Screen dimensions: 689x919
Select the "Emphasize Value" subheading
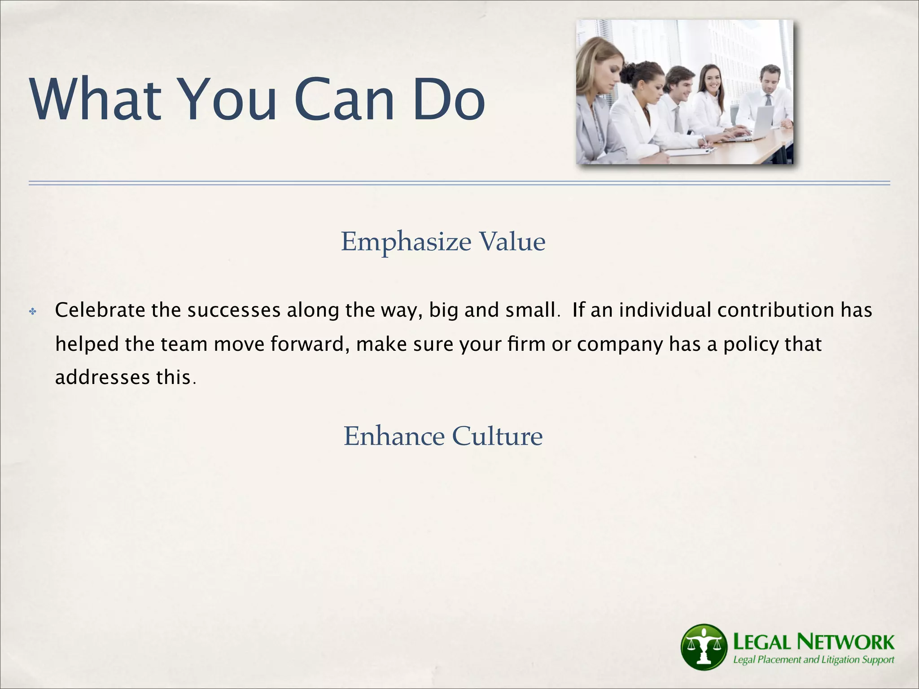pyautogui.click(x=443, y=242)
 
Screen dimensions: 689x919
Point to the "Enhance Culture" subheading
pyautogui.click(x=443, y=436)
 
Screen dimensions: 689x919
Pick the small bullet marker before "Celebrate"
pyautogui.click(x=32, y=311)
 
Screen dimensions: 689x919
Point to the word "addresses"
pyautogui.click(x=102, y=377)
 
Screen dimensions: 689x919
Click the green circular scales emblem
pyautogui.click(x=704, y=647)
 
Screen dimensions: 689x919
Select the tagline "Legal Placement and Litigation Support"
pyautogui.click(x=813, y=660)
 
